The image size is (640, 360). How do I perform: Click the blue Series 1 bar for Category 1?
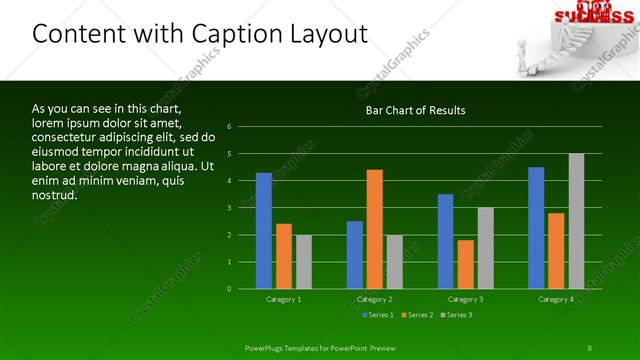point(264,231)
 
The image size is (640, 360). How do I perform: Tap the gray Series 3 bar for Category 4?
point(576,221)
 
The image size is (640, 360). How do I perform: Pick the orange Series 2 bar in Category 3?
point(465,264)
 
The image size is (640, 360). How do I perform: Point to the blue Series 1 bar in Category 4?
point(536,228)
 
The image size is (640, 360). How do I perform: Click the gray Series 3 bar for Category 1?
point(304,262)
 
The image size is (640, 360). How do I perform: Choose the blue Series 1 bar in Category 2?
point(355,255)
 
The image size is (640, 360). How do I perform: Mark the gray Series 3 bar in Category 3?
point(485,248)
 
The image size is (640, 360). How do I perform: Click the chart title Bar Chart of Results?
point(415,110)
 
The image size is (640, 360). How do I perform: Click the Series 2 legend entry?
point(417,315)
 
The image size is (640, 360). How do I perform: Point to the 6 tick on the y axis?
point(230,127)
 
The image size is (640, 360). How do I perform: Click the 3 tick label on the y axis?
point(230,208)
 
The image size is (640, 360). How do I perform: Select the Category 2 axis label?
point(375,299)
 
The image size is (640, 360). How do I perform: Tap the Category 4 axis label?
point(556,299)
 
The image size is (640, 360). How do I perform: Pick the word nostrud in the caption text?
point(55,195)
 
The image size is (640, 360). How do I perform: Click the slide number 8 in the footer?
point(590,347)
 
